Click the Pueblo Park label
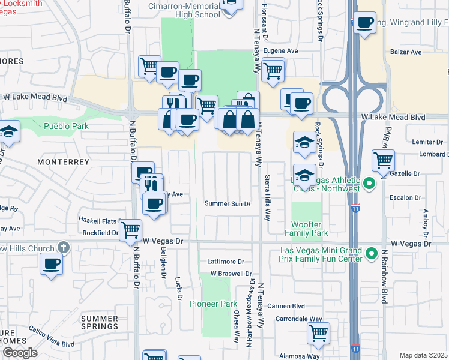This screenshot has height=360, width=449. click(x=66, y=126)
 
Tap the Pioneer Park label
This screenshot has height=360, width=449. click(x=213, y=304)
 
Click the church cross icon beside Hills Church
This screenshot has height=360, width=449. click(x=64, y=248)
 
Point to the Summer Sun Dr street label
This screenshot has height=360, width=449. click(x=228, y=203)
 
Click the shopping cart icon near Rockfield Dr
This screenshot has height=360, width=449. click(x=130, y=230)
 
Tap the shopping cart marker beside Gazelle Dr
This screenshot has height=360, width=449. click(x=382, y=161)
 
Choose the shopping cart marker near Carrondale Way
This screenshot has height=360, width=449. click(x=318, y=334)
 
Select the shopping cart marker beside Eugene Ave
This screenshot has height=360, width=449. click(x=273, y=71)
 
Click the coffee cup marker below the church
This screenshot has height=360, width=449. click(x=51, y=263)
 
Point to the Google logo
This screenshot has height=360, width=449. click(x=20, y=353)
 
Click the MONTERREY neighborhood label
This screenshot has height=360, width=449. click(x=63, y=162)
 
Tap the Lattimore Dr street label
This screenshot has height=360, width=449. click(x=225, y=262)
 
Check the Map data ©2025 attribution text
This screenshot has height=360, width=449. click(x=423, y=355)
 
